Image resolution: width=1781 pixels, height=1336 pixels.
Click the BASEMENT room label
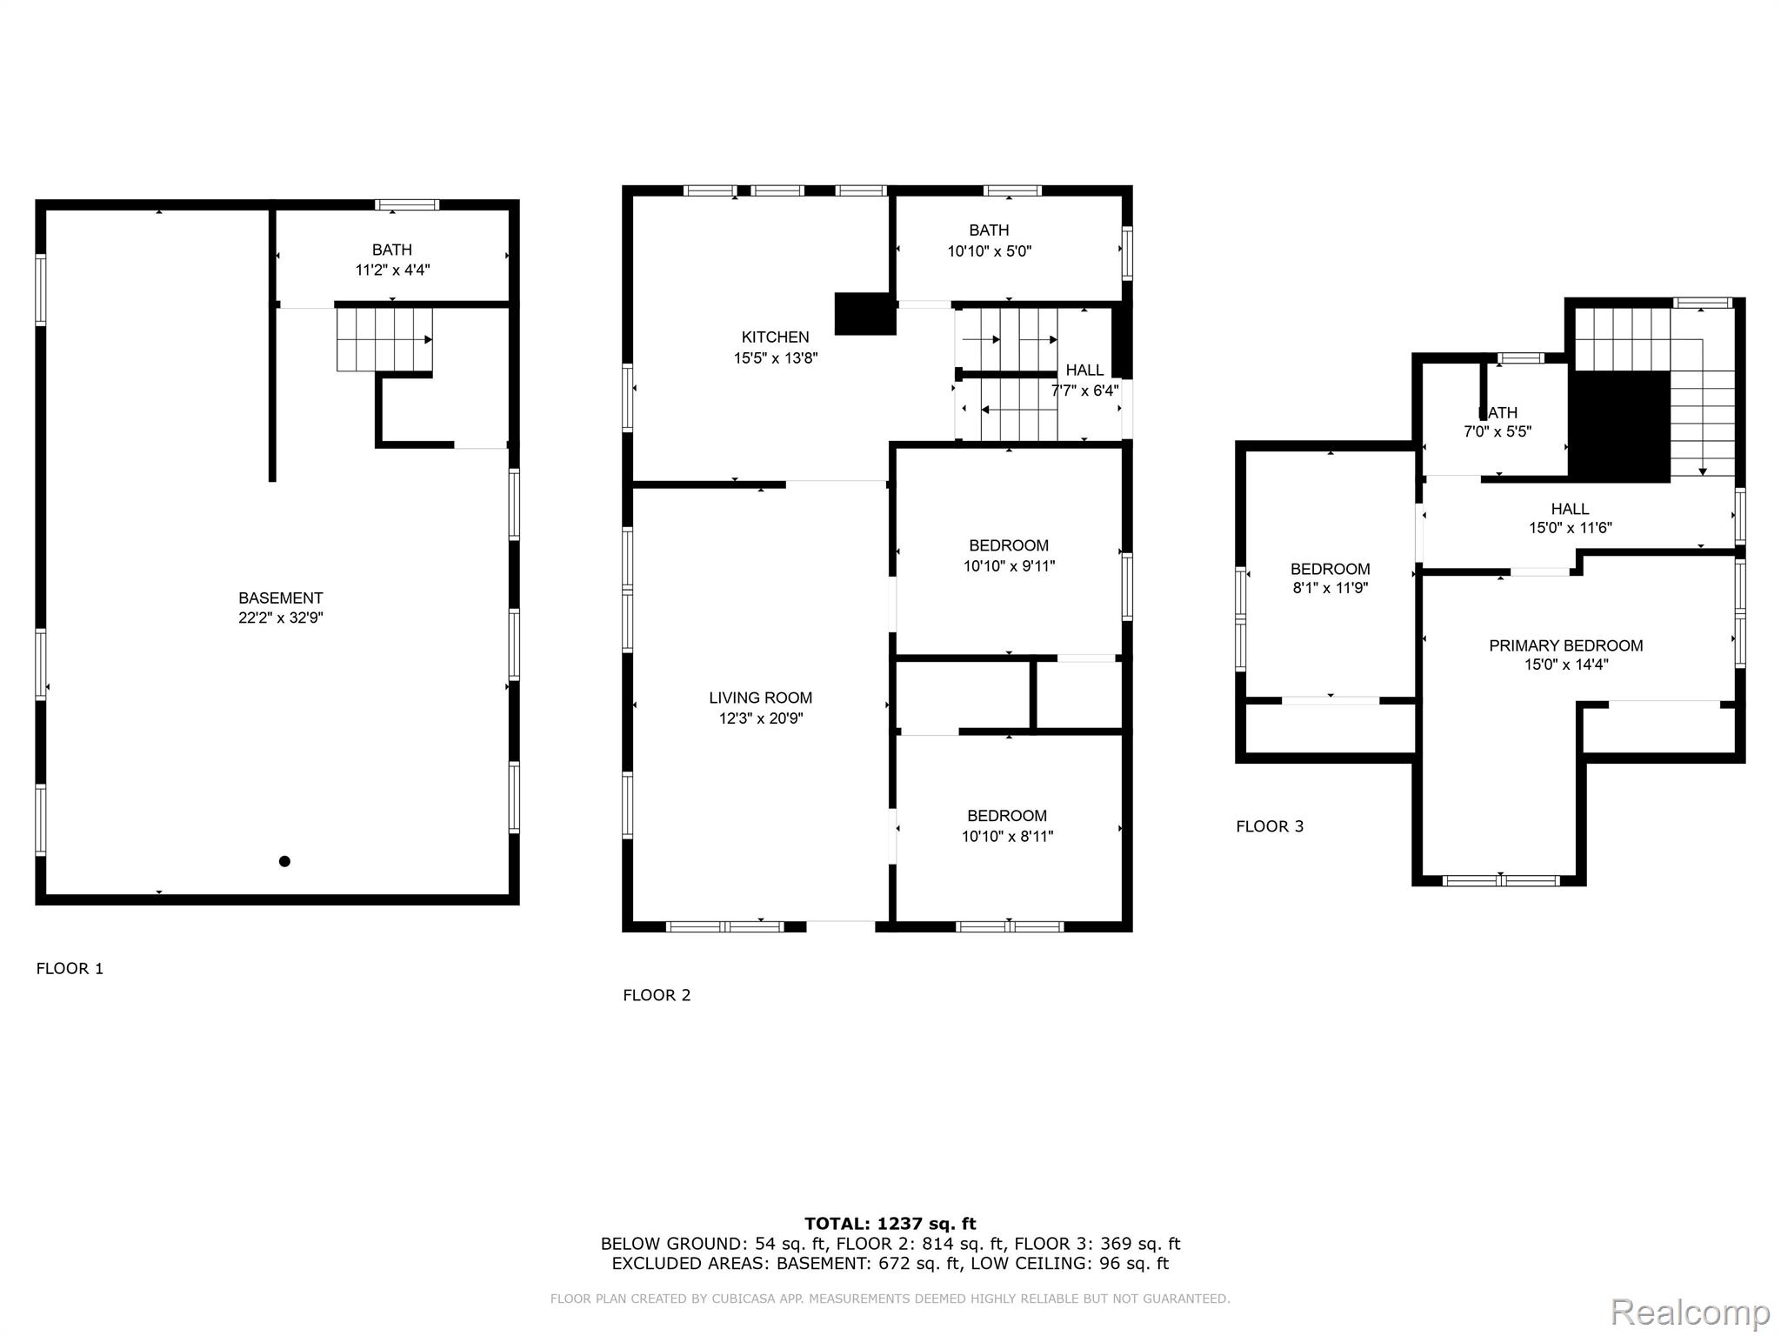(x=280, y=598)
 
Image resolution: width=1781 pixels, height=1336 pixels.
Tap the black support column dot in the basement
(x=284, y=861)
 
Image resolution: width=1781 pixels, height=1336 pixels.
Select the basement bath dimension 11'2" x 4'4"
(x=392, y=270)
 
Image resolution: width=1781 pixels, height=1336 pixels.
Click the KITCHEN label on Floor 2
(x=775, y=337)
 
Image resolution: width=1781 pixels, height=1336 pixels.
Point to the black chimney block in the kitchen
(x=864, y=314)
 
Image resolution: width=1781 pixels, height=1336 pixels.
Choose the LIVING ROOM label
(x=760, y=698)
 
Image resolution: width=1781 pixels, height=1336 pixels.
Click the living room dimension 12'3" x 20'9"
(x=760, y=718)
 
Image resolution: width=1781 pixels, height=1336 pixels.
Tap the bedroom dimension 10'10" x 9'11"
(x=1009, y=566)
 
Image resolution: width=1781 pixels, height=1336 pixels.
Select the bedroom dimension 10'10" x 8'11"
(x=1007, y=837)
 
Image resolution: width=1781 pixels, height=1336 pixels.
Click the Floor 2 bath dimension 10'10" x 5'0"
(x=989, y=251)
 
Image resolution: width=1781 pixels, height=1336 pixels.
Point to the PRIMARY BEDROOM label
(x=1565, y=645)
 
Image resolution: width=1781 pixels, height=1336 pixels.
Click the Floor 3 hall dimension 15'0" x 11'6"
(x=1571, y=528)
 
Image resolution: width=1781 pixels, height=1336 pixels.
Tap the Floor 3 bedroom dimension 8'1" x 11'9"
(x=1331, y=588)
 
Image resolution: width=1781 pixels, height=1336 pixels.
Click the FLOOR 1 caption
(x=70, y=968)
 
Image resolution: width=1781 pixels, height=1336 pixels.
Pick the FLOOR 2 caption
(x=657, y=995)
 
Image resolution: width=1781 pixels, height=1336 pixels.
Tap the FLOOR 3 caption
(x=1270, y=826)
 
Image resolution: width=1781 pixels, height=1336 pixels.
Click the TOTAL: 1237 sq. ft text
(x=890, y=1224)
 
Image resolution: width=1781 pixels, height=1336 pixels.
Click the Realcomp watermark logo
(x=1690, y=1312)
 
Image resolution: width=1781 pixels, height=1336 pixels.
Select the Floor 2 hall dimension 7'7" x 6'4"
(x=1085, y=391)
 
